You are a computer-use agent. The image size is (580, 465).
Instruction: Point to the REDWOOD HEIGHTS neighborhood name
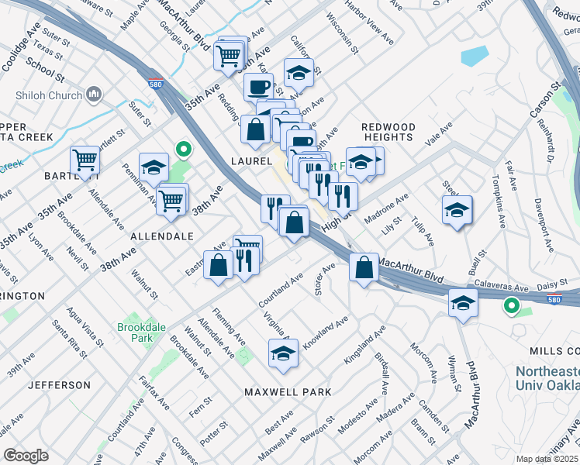[x=388, y=132]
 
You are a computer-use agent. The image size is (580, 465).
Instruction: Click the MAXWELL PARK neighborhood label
[x=288, y=392]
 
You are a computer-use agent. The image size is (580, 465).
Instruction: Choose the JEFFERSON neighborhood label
[x=59, y=385]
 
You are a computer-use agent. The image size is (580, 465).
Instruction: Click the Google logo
[x=26, y=456]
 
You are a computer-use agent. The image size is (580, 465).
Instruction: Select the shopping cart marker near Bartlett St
[x=85, y=160]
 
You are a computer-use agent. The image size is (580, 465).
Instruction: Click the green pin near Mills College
[x=512, y=307]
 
